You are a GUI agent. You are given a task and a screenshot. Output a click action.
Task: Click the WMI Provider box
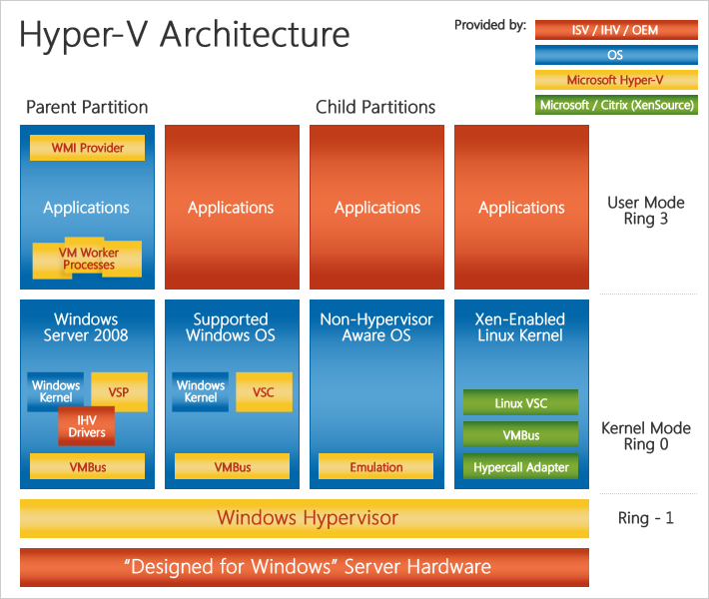(88, 148)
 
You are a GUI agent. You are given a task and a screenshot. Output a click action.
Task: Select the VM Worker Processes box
(89, 260)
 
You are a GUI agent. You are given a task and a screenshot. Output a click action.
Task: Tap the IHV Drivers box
(87, 427)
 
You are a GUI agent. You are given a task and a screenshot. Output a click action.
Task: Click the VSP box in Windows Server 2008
(119, 391)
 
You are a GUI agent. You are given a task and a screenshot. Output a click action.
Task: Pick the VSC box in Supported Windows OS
(263, 392)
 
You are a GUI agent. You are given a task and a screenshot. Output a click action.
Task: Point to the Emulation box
(376, 466)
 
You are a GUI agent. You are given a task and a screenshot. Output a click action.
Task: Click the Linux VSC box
(520, 403)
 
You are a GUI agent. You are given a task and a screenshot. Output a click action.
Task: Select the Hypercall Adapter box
(520, 466)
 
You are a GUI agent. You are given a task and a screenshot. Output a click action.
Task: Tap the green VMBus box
(520, 435)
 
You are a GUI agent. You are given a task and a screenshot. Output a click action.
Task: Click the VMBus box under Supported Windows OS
(232, 466)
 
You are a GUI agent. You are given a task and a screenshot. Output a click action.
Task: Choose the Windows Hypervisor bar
(305, 518)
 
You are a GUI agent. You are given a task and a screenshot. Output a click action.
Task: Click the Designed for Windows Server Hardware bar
(305, 567)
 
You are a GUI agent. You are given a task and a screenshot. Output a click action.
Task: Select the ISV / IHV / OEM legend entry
(615, 30)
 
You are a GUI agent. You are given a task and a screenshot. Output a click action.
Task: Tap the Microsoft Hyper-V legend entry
(615, 80)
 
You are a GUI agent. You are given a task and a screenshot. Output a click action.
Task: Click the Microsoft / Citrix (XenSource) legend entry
(615, 105)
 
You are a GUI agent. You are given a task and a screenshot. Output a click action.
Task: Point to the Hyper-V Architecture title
(185, 34)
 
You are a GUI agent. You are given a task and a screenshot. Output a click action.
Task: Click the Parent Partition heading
(87, 107)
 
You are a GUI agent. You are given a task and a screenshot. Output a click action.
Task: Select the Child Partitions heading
(375, 107)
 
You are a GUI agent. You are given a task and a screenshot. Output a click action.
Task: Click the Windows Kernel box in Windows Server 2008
(56, 391)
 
